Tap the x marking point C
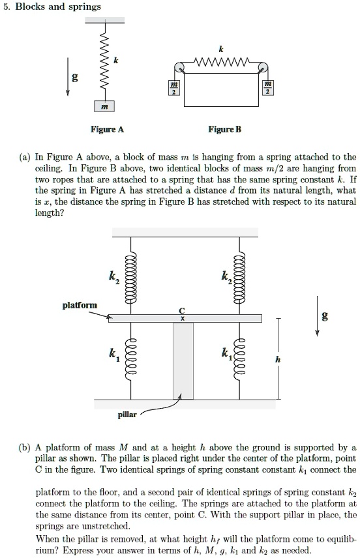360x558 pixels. [183, 319]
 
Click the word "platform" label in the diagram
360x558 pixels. [80, 304]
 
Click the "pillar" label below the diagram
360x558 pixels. [128, 415]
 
